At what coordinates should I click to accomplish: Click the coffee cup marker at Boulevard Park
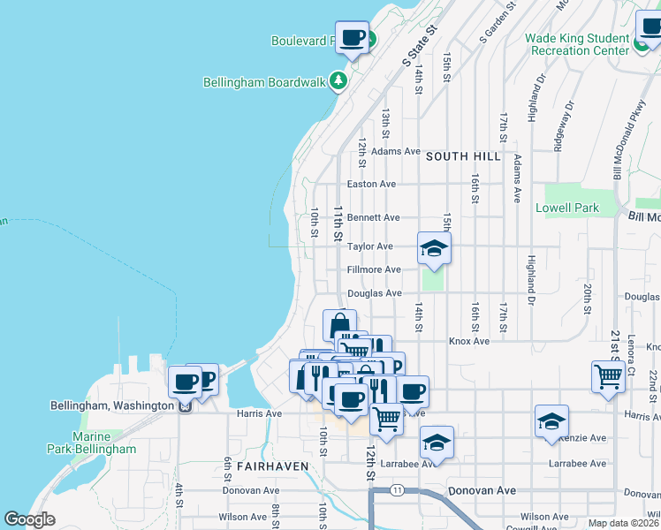(353, 38)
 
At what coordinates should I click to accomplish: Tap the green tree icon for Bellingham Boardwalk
(338, 81)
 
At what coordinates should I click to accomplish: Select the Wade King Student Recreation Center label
(577, 44)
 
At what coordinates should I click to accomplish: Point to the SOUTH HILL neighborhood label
(462, 156)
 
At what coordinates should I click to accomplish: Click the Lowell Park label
(567, 208)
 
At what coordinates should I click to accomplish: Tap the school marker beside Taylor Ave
(434, 248)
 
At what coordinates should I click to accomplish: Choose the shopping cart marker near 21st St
(608, 375)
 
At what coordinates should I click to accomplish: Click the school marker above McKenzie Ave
(551, 421)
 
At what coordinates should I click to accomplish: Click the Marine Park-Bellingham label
(104, 443)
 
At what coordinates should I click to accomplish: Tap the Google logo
(29, 519)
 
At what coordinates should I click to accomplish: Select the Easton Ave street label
(371, 185)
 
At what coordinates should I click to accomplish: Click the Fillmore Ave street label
(374, 269)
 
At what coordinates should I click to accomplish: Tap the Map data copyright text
(623, 523)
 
